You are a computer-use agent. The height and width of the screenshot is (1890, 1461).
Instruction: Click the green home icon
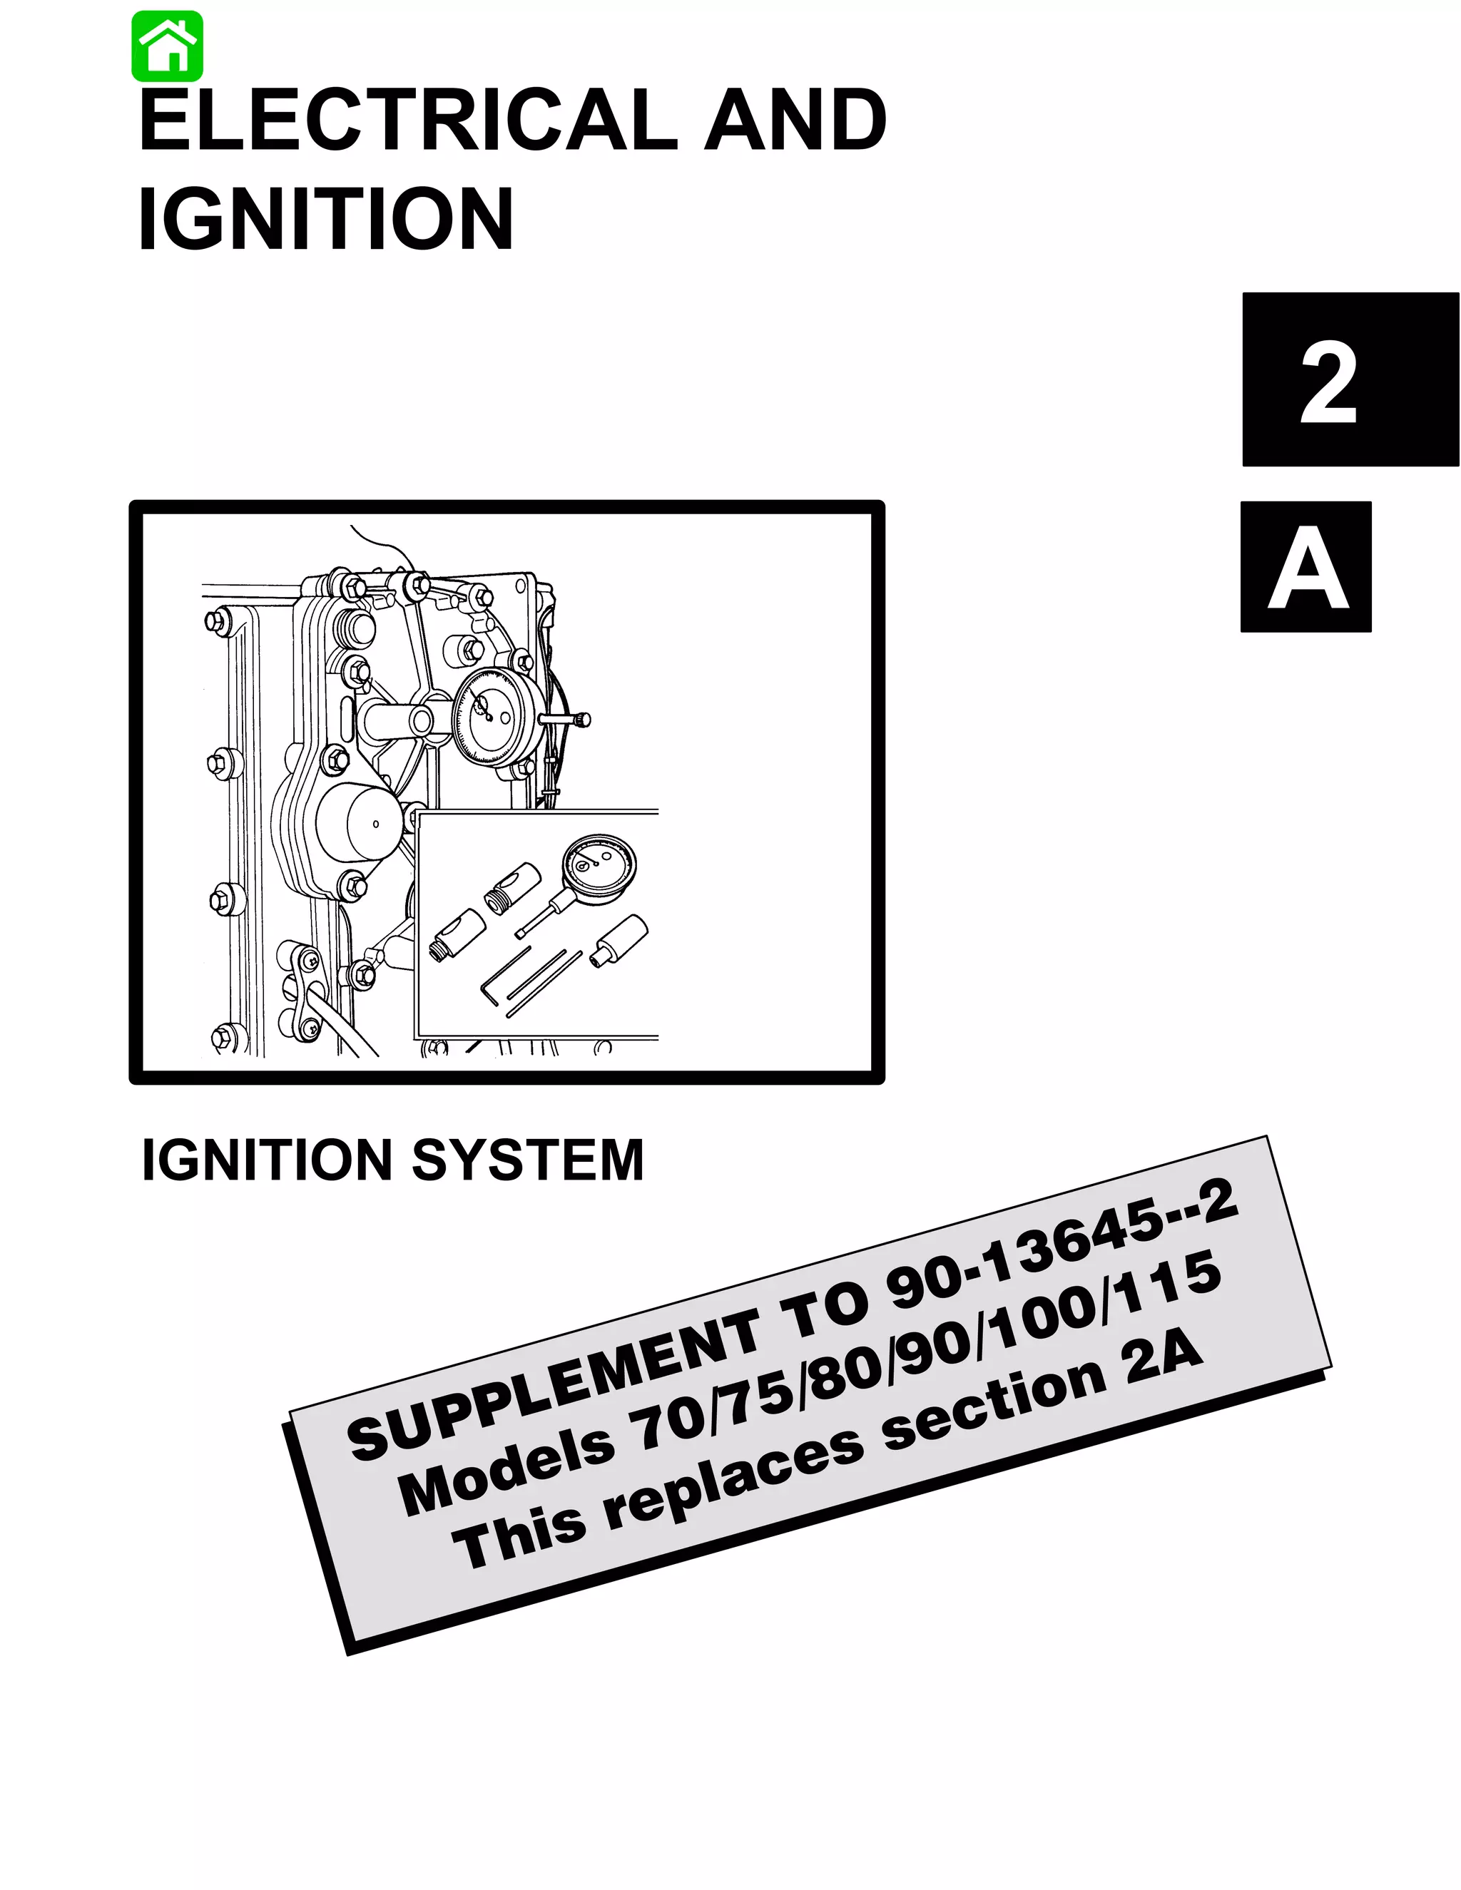pyautogui.click(x=167, y=47)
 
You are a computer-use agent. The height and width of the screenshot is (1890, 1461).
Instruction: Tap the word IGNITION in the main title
pyautogui.click(x=326, y=219)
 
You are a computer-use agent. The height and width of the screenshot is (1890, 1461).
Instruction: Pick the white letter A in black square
pyautogui.click(x=1306, y=568)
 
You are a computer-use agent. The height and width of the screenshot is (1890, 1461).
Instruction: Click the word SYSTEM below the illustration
pyautogui.click(x=527, y=1160)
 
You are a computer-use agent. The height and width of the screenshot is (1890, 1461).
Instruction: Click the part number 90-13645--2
pyautogui.click(x=1060, y=1246)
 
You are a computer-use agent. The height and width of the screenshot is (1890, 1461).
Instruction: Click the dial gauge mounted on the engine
pyautogui.click(x=496, y=715)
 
